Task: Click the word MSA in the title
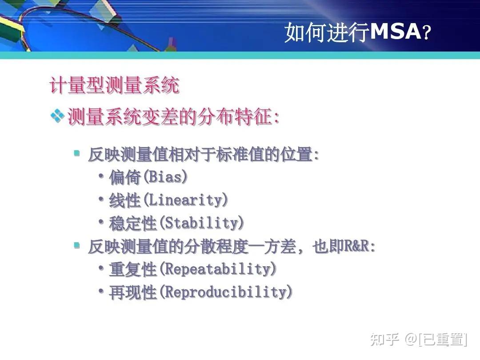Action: pos(395,32)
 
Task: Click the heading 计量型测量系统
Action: pos(115,85)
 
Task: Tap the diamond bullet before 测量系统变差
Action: pos(57,116)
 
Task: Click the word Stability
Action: pos(202,223)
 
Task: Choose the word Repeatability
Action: pos(218,269)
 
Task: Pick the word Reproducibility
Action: pos(226,292)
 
